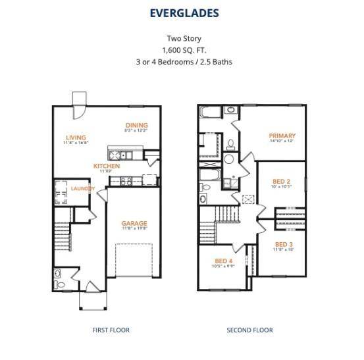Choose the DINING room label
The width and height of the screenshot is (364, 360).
pyautogui.click(x=137, y=125)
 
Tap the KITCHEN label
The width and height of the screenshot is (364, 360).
pyautogui.click(x=106, y=167)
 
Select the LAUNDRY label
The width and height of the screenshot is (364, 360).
pyautogui.click(x=82, y=190)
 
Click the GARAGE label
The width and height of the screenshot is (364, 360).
pyautogui.click(x=134, y=223)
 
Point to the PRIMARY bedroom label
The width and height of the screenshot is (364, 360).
pyautogui.click(x=282, y=136)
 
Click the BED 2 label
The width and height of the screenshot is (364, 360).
pyautogui.click(x=282, y=180)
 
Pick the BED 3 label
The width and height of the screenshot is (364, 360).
pyautogui.click(x=284, y=244)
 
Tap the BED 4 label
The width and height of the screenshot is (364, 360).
pyautogui.click(x=224, y=261)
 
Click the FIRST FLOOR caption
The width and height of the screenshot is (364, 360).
pyautogui.click(x=111, y=330)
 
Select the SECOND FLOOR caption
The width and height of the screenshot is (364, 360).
pyautogui.click(x=249, y=330)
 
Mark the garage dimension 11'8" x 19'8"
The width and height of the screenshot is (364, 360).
pyautogui.click(x=134, y=229)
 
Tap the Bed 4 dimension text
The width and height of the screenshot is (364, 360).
pyautogui.click(x=224, y=267)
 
